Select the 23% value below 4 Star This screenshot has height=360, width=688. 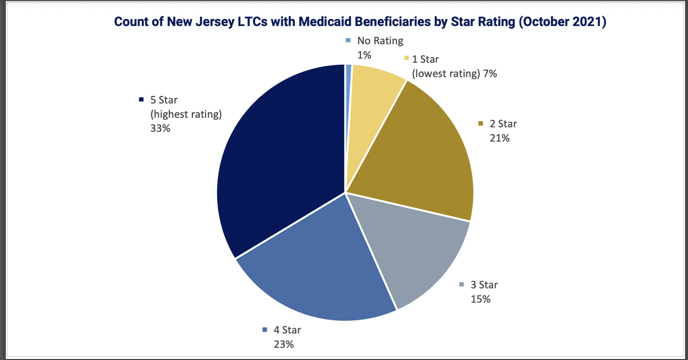click(284, 344)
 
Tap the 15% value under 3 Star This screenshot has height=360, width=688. click(481, 299)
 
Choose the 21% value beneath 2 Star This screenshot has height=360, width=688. click(500, 138)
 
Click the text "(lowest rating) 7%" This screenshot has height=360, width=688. click(454, 73)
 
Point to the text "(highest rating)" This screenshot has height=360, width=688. click(186, 115)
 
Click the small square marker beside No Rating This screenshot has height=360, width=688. click(348, 41)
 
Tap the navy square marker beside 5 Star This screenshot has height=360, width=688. click(141, 100)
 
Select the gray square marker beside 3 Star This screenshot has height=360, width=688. click(461, 285)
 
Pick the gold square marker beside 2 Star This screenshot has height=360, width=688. click(481, 124)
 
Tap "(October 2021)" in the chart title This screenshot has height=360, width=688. click(561, 22)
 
